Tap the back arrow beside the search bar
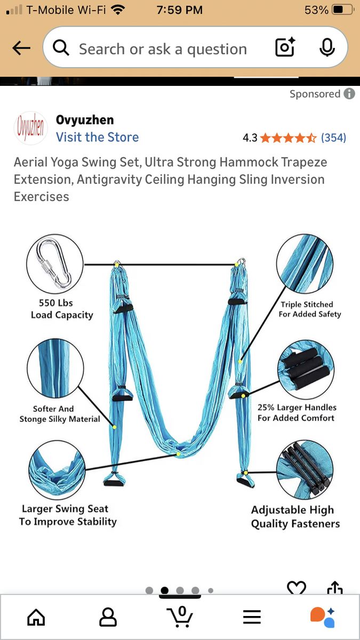coord(21,47)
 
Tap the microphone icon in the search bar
coord(327,47)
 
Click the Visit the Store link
coord(97,137)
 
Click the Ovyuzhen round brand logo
coord(30,127)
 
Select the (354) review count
coord(333,138)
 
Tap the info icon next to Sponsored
coord(349,93)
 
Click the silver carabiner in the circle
coord(54,263)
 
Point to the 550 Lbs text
coord(56,303)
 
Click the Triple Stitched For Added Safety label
coord(310,309)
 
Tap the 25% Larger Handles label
coord(297,407)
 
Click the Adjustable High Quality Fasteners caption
coord(295,517)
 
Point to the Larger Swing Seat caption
coord(65,509)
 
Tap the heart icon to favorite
coord(297,587)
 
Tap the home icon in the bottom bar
coord(36,617)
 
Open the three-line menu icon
coord(252,617)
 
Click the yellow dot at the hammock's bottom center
coord(178,454)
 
